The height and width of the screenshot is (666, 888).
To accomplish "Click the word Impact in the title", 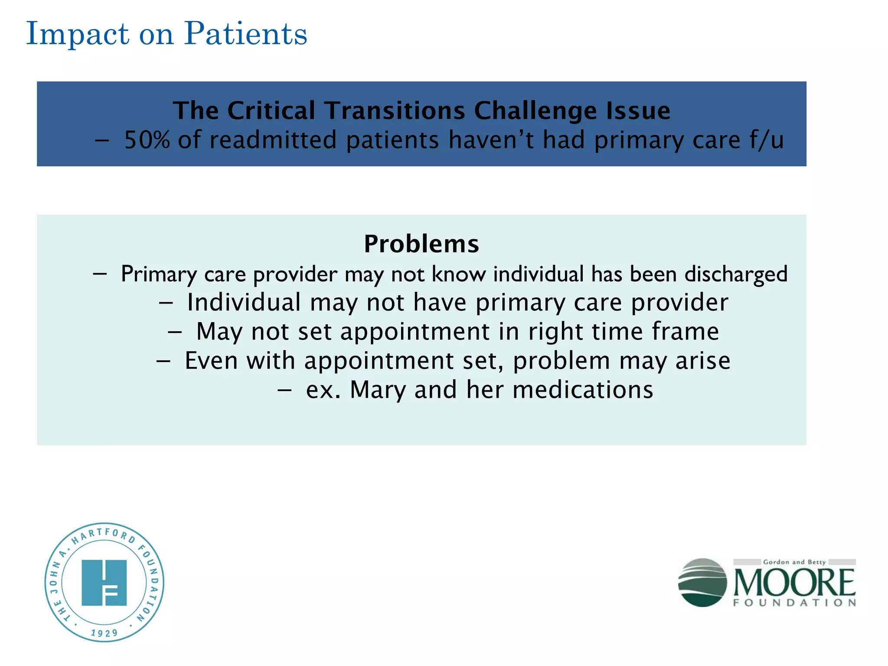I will coord(78,34).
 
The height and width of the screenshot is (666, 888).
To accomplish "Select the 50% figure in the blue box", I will coord(147,140).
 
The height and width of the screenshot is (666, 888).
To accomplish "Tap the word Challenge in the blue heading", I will coord(535,111).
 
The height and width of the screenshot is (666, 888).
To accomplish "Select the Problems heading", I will coord(421,244).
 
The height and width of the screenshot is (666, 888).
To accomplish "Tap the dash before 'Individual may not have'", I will coord(166,303).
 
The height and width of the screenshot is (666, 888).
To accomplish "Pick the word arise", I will coord(703,361).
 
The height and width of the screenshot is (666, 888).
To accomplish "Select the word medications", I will coord(583,390).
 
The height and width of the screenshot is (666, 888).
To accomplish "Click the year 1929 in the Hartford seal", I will coord(104,633).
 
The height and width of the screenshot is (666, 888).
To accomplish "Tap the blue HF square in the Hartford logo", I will coord(104,582).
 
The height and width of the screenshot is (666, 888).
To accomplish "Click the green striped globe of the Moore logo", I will coord(702,582).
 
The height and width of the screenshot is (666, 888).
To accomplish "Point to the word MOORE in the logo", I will coord(794,582).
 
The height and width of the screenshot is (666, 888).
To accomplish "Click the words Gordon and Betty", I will coord(794,562).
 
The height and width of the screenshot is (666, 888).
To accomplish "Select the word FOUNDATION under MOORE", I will coord(794,603).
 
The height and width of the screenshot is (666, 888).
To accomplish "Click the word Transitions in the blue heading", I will coord(395,111).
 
